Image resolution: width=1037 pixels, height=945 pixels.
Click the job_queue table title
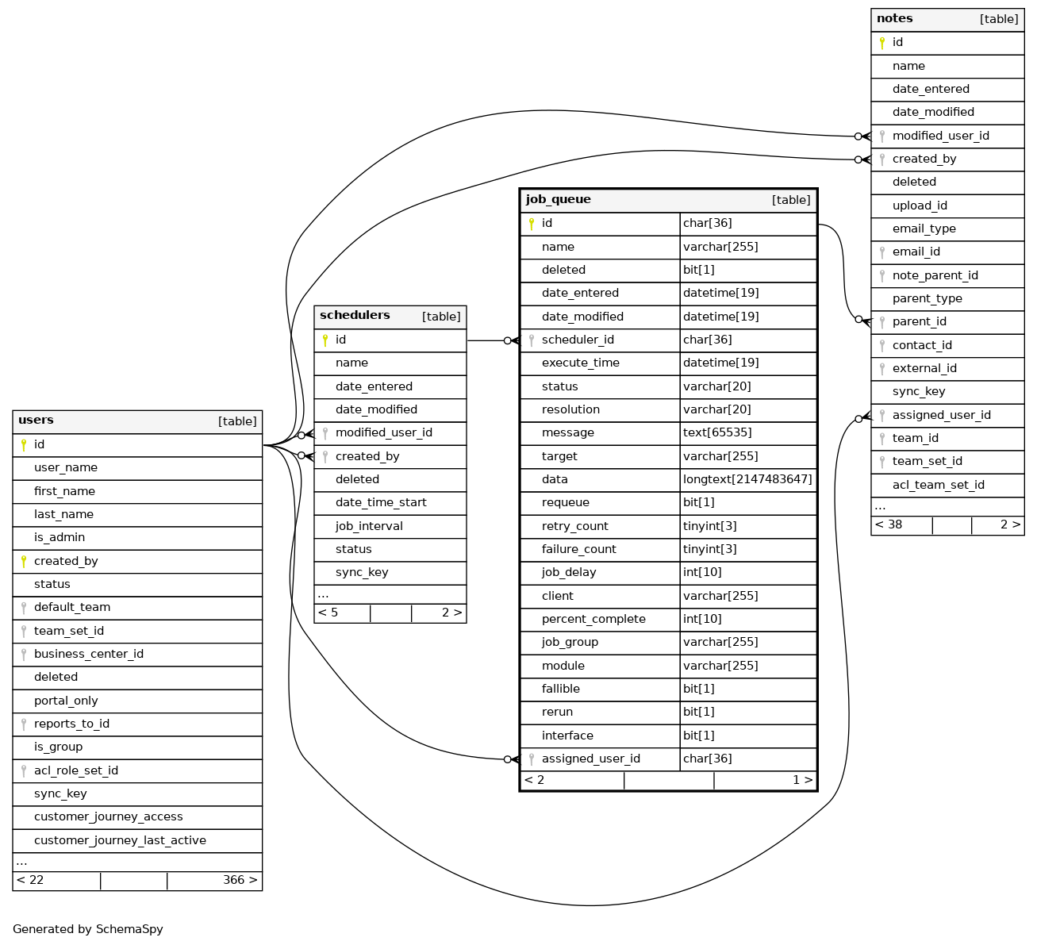point(558,200)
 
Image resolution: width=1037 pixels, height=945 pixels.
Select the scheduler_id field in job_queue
point(578,340)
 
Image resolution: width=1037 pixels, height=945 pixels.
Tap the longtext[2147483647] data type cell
point(747,480)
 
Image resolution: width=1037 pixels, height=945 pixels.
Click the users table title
point(36,421)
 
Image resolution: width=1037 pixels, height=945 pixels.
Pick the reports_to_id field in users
point(71,724)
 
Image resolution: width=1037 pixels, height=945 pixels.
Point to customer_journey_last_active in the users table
point(120,841)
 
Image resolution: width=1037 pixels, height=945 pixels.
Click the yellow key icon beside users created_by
point(24,562)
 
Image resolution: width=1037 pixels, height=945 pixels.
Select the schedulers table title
point(355,316)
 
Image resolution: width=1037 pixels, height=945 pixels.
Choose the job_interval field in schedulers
point(369,527)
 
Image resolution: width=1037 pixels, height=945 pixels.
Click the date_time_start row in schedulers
point(381,503)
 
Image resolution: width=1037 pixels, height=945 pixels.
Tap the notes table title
point(894,19)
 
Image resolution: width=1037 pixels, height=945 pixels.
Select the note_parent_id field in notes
point(935,276)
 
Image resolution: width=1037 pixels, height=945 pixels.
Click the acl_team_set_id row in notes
point(938,486)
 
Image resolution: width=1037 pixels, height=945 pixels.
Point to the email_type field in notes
point(924,229)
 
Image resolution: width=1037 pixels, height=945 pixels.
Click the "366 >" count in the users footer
point(240,881)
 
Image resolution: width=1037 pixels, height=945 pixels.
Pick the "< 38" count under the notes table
point(889,525)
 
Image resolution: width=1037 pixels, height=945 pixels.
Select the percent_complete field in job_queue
point(593,620)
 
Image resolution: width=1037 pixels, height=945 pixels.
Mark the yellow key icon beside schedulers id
point(325,340)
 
